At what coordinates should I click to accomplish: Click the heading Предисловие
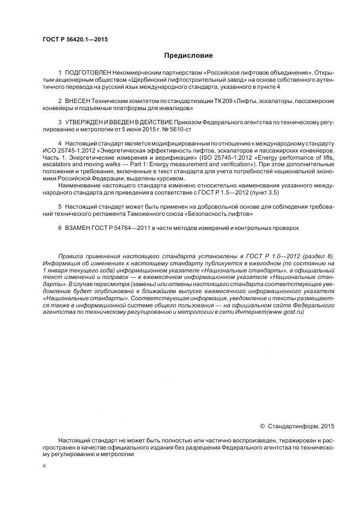tap(189, 56)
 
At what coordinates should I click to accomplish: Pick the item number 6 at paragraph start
tap(59, 228)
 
